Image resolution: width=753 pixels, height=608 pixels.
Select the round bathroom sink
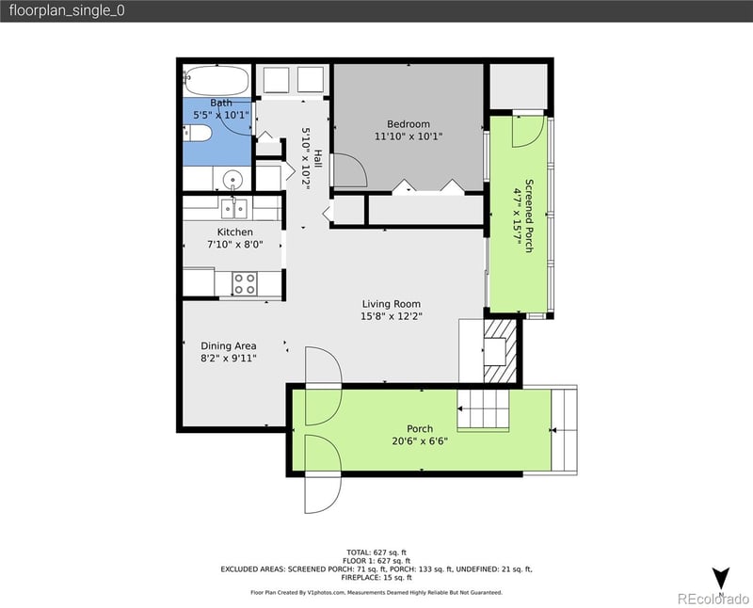(x=232, y=178)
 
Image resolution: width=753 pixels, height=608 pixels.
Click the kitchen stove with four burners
(x=246, y=282)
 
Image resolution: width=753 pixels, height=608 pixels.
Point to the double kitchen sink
(x=234, y=209)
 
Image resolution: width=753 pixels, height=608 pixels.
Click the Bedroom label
(x=409, y=124)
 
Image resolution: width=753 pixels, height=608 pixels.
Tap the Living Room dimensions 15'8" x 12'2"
(x=392, y=316)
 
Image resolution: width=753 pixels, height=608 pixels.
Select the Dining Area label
(x=228, y=345)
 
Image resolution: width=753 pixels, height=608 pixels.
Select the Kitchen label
(x=234, y=232)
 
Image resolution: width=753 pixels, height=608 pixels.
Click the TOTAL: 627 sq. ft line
(x=376, y=552)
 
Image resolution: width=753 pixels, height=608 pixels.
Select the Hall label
(x=318, y=158)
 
